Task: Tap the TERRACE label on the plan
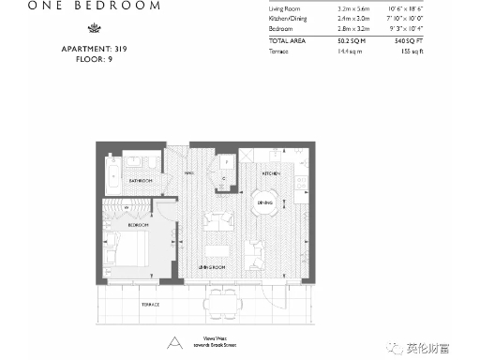pyautogui.click(x=150, y=305)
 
